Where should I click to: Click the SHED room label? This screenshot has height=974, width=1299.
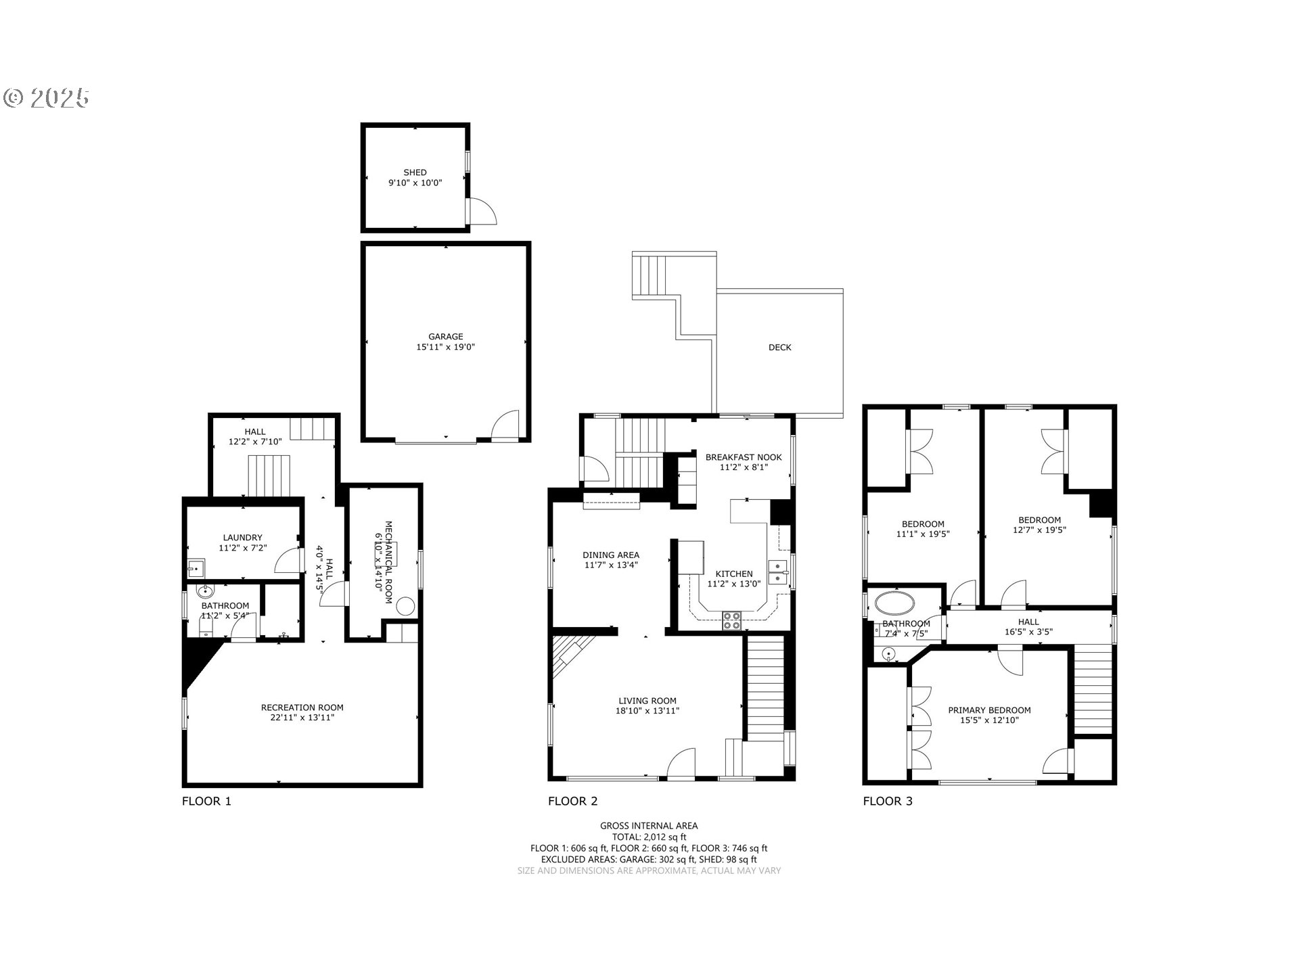(415, 172)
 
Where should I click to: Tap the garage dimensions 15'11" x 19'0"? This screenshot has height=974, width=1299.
(445, 347)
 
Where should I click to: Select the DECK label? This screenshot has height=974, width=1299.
(779, 347)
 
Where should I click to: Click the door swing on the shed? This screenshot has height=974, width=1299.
(483, 212)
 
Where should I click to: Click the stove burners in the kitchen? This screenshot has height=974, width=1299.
(731, 620)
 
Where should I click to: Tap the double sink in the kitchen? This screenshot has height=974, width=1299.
(779, 572)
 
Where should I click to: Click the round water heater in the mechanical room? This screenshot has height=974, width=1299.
(405, 606)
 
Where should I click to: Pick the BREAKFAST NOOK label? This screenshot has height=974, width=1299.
(743, 457)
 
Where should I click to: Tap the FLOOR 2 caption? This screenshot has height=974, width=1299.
(572, 802)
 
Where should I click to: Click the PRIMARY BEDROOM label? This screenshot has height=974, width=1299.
(989, 710)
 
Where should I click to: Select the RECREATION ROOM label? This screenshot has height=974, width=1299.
(302, 708)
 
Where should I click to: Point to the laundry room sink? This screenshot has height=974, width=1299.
(196, 567)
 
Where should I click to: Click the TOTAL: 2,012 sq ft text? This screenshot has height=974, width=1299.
(648, 837)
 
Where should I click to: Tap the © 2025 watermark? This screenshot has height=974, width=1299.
(46, 98)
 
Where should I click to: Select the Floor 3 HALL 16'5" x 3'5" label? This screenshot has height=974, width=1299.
(1028, 627)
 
